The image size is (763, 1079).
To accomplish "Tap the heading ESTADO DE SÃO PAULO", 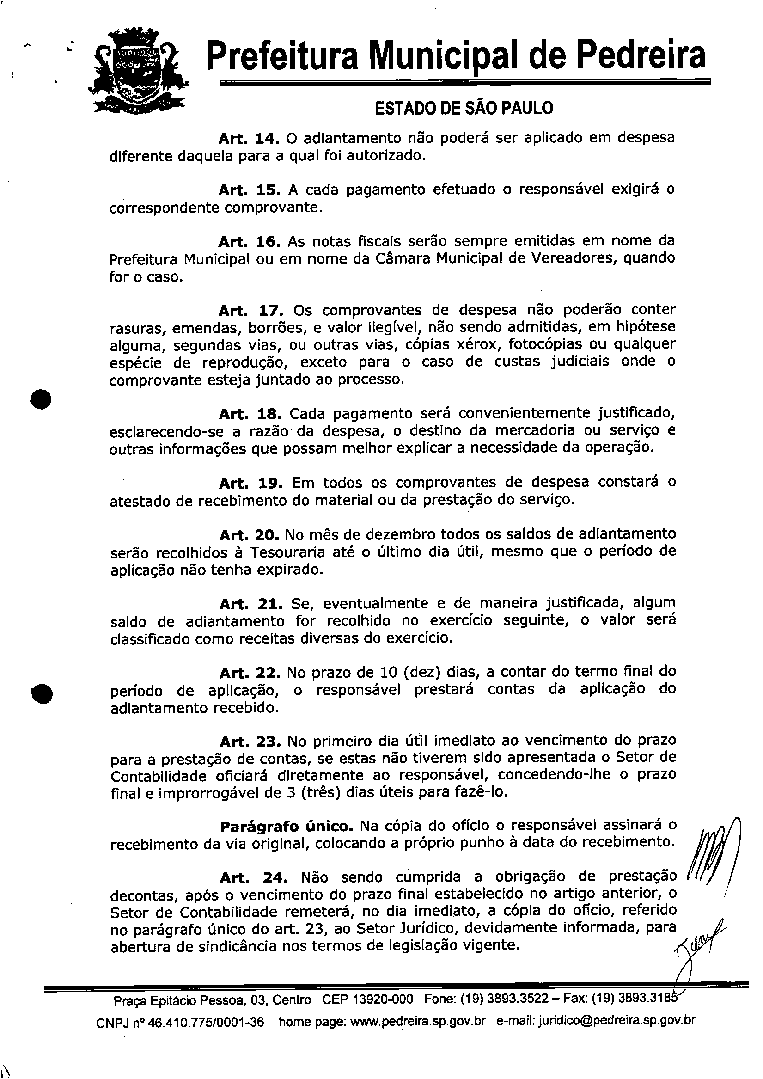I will click(x=464, y=108).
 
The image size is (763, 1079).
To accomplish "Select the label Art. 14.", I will click(x=249, y=138).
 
